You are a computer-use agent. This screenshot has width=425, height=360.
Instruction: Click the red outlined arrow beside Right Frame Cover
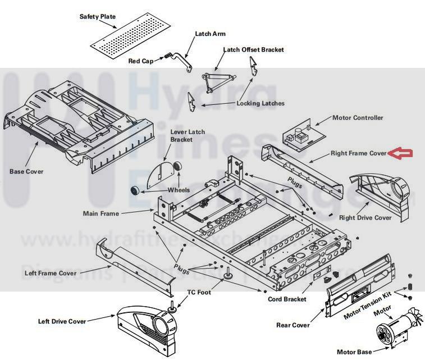pos(402,153)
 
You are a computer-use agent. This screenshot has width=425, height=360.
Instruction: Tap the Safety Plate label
pos(97,17)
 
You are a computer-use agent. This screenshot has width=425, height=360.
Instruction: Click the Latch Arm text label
pos(210,34)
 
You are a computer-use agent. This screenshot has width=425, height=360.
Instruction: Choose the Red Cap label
pos(141,61)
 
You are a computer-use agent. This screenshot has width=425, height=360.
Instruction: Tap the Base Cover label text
pos(26,171)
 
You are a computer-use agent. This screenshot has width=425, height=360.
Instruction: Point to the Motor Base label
pos(355,352)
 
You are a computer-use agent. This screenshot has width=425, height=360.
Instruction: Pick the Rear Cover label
pos(293,325)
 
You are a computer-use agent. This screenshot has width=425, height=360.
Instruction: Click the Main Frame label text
pos(101,213)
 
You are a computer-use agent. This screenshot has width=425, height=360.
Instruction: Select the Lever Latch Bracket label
pos(188,135)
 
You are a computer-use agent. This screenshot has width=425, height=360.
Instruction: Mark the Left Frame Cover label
pos(51,274)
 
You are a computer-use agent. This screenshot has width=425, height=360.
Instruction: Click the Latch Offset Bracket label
pos(253,49)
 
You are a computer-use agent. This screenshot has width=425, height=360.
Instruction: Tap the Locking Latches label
pos(261,103)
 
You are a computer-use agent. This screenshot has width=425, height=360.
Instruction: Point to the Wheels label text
pos(179,190)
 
